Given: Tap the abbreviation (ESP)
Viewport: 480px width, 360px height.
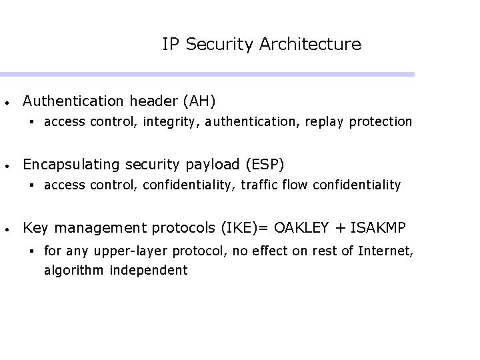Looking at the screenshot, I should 266,164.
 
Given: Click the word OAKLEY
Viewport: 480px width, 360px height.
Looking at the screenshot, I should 301,228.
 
